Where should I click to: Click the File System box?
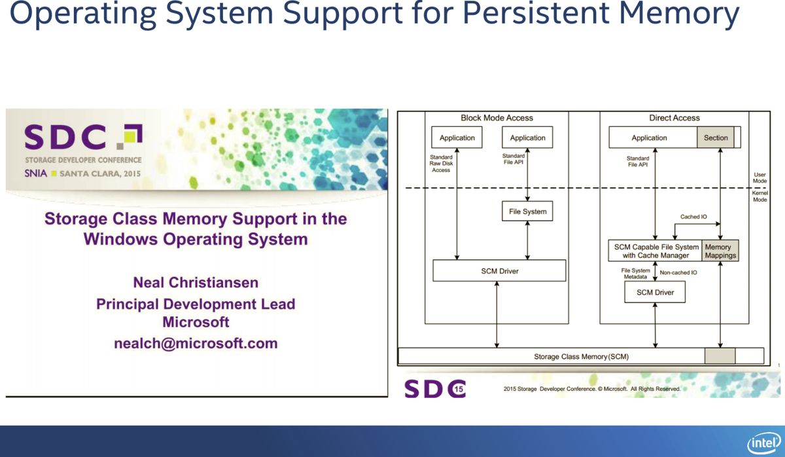coord(527,211)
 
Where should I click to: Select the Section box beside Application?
coord(716,137)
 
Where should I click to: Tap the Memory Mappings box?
coord(720,251)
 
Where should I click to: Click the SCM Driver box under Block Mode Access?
coord(499,271)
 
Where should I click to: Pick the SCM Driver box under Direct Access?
coord(655,292)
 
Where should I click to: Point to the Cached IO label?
coord(693,217)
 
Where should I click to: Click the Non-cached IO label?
coord(678,272)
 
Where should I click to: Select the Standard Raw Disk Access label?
coord(441,164)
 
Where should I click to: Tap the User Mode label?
coord(759,178)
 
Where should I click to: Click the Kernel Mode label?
coord(759,196)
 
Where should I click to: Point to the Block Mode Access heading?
coord(497,118)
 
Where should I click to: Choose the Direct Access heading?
coord(674,118)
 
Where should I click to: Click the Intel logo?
coord(764,443)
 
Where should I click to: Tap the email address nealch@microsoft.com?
coord(196,343)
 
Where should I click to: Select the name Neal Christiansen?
coord(196,282)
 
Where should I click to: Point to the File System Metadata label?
coord(635,274)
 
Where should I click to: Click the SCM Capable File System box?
coord(655,251)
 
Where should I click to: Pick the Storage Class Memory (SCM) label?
coord(581,357)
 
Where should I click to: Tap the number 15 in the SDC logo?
coord(459,389)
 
